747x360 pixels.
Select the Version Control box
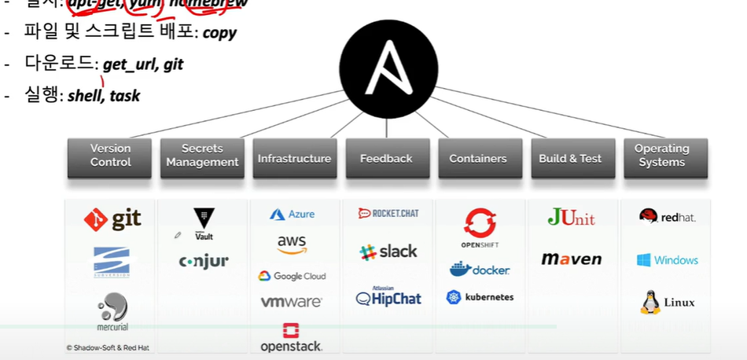pyautogui.click(x=111, y=156)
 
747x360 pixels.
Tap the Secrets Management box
pyautogui.click(x=203, y=156)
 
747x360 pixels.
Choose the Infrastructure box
pyautogui.click(x=294, y=158)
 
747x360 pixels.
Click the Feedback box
pyautogui.click(x=386, y=158)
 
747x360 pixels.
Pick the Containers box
pyautogui.click(x=478, y=158)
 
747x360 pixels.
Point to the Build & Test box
pyautogui.click(x=570, y=158)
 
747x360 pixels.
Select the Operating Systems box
pyautogui.click(x=661, y=156)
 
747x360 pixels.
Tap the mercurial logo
pyautogui.click(x=112, y=311)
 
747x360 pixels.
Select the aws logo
pyautogui.click(x=292, y=244)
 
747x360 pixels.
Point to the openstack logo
pyautogui.click(x=292, y=338)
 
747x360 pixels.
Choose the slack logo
pyautogui.click(x=388, y=252)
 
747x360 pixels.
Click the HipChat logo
pyautogui.click(x=388, y=297)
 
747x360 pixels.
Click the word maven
pyautogui.click(x=572, y=259)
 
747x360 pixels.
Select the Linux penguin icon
pyautogui.click(x=650, y=303)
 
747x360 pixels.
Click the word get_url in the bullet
pyautogui.click(x=131, y=64)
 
